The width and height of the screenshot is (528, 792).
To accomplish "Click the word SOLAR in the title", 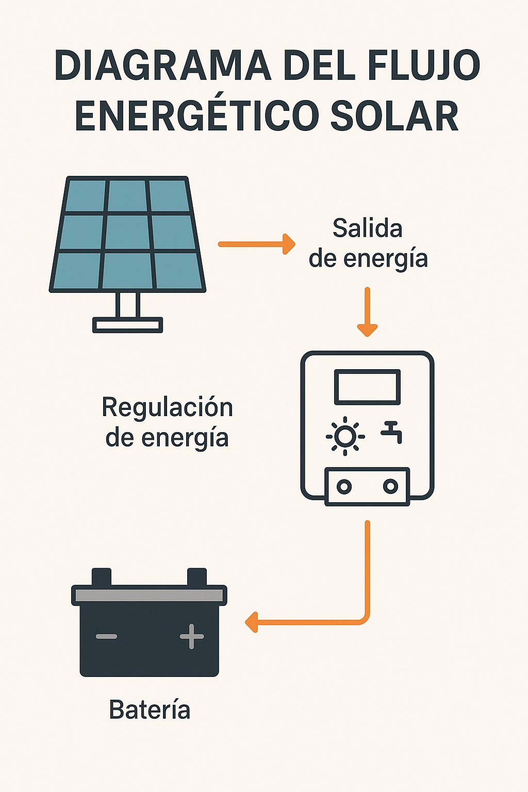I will (x=394, y=115).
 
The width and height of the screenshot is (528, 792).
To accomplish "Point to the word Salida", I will (x=367, y=228).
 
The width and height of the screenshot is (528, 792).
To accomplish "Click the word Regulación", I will (x=167, y=407).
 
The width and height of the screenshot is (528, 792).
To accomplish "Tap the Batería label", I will (x=150, y=710).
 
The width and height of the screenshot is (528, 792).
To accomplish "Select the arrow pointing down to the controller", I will (x=367, y=311).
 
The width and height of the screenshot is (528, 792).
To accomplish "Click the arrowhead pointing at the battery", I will (x=251, y=622).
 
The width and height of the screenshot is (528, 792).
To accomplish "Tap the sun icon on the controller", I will (x=345, y=436).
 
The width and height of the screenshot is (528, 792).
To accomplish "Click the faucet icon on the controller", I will (x=392, y=432).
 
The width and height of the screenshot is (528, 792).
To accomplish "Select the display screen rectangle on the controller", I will (x=367, y=387).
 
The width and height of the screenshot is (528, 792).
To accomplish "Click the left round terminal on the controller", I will (x=344, y=486).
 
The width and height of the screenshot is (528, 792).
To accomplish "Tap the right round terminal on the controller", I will (x=391, y=486).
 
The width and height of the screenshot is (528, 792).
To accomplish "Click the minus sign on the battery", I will (x=107, y=637).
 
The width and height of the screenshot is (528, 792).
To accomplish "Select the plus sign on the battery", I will (x=192, y=636).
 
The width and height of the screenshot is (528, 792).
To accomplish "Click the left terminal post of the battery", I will (x=102, y=576).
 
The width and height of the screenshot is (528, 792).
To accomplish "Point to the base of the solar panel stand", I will (x=127, y=325).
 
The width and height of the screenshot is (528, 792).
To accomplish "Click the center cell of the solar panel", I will (x=127, y=233).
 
